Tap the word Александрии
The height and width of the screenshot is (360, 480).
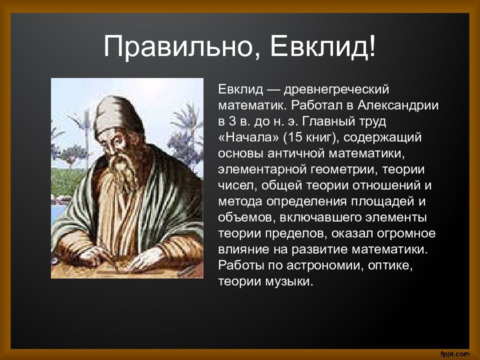(x=397, y=105)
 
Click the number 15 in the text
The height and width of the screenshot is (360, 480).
(x=294, y=137)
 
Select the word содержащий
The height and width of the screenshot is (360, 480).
(x=382, y=138)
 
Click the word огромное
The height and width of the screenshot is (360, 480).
(x=406, y=234)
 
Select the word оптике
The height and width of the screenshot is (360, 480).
(x=390, y=265)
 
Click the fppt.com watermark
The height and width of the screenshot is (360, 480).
(x=454, y=354)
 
